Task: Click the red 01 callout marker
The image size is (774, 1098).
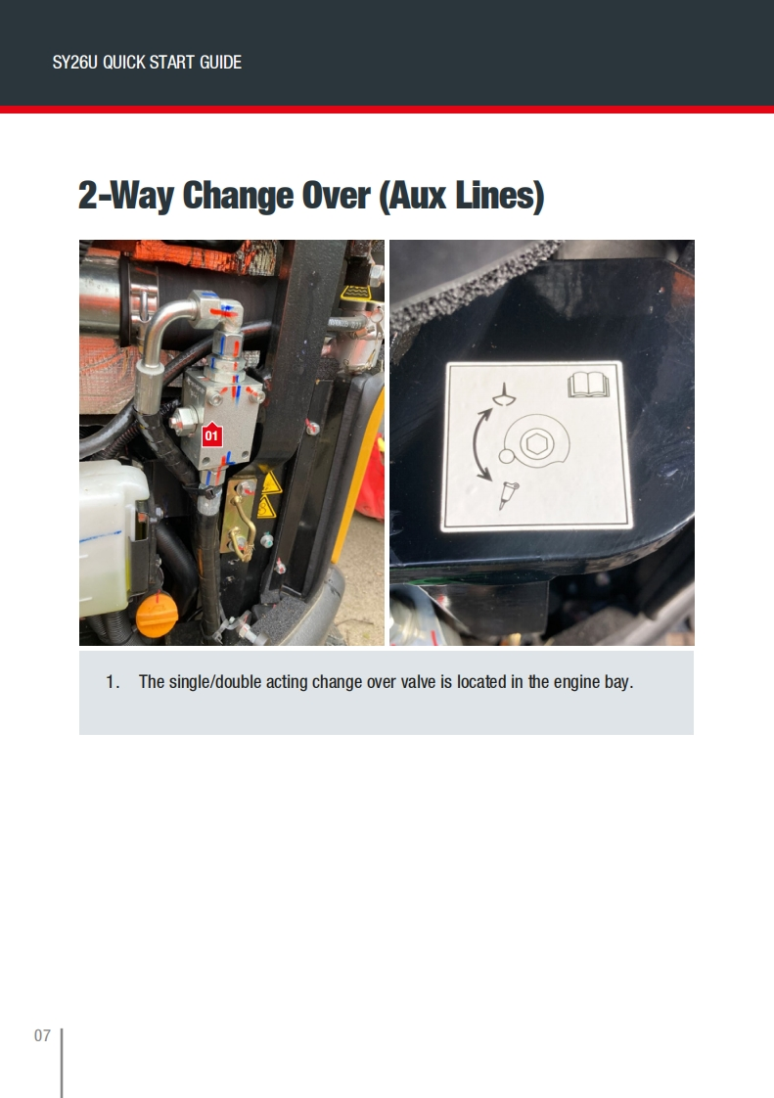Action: [211, 435]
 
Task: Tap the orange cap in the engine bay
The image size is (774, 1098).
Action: [157, 616]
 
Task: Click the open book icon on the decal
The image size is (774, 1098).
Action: [588, 385]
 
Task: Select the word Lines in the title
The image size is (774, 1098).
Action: [499, 196]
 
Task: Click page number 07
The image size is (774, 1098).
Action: [42, 1035]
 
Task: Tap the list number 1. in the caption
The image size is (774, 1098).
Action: [113, 682]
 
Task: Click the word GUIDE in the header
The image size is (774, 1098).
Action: [220, 63]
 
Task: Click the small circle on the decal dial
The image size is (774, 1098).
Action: [507, 457]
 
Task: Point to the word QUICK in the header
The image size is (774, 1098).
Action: [124, 63]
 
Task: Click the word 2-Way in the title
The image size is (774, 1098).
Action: [125, 196]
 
